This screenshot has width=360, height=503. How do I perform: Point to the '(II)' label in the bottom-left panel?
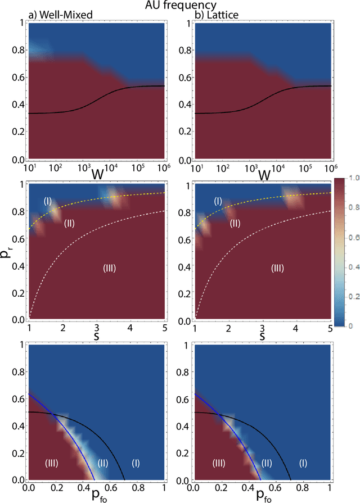(x=102, y=463)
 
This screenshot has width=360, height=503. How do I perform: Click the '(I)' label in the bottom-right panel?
(x=303, y=463)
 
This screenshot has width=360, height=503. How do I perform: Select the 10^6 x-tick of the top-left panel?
(x=165, y=167)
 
